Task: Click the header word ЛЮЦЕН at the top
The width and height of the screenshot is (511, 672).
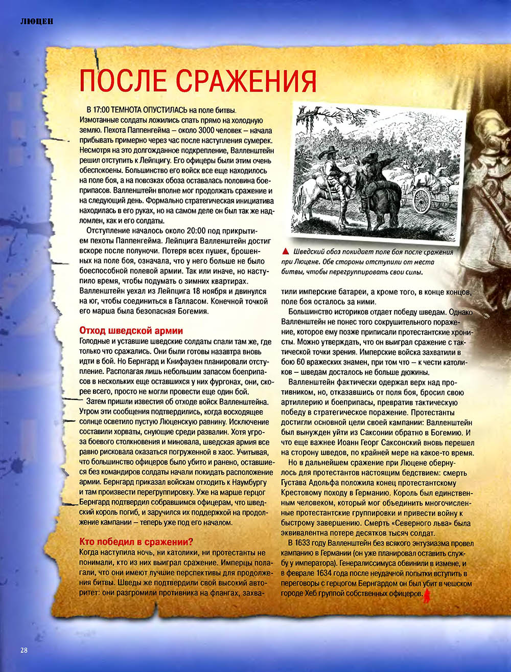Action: point(37,21)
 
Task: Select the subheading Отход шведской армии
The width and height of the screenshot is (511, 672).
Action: point(131,331)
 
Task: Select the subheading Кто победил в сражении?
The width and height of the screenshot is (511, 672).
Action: point(136,542)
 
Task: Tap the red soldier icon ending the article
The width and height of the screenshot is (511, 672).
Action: point(426,594)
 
